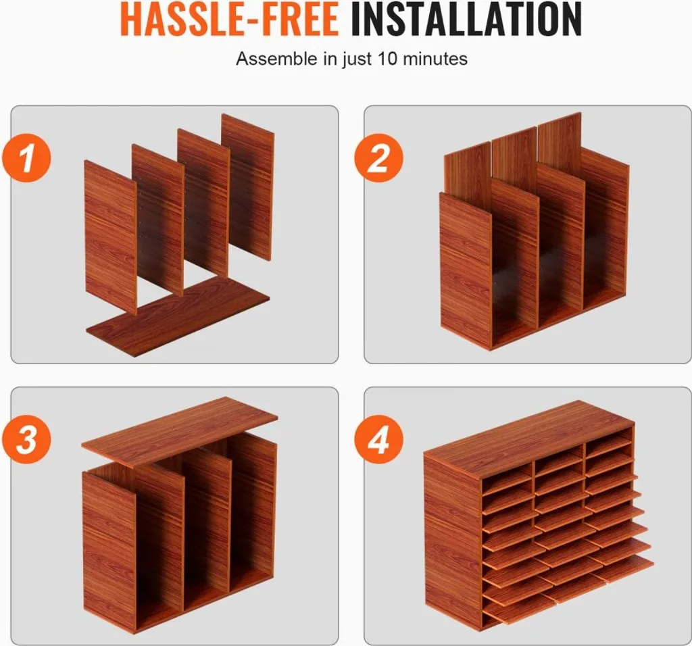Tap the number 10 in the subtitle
pyautogui.click(x=388, y=58)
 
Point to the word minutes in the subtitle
pyautogui.click(x=435, y=58)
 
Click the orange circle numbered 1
pyautogui.click(x=26, y=158)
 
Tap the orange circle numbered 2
pyautogui.click(x=378, y=157)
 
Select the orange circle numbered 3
pyautogui.click(x=26, y=439)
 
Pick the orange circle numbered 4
pyautogui.click(x=378, y=439)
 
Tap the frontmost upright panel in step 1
pyautogui.click(x=110, y=237)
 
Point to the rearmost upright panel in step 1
pyautogui.click(x=248, y=188)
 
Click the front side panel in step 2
pyautogui.click(x=466, y=270)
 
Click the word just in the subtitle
pyautogui.click(x=357, y=59)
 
